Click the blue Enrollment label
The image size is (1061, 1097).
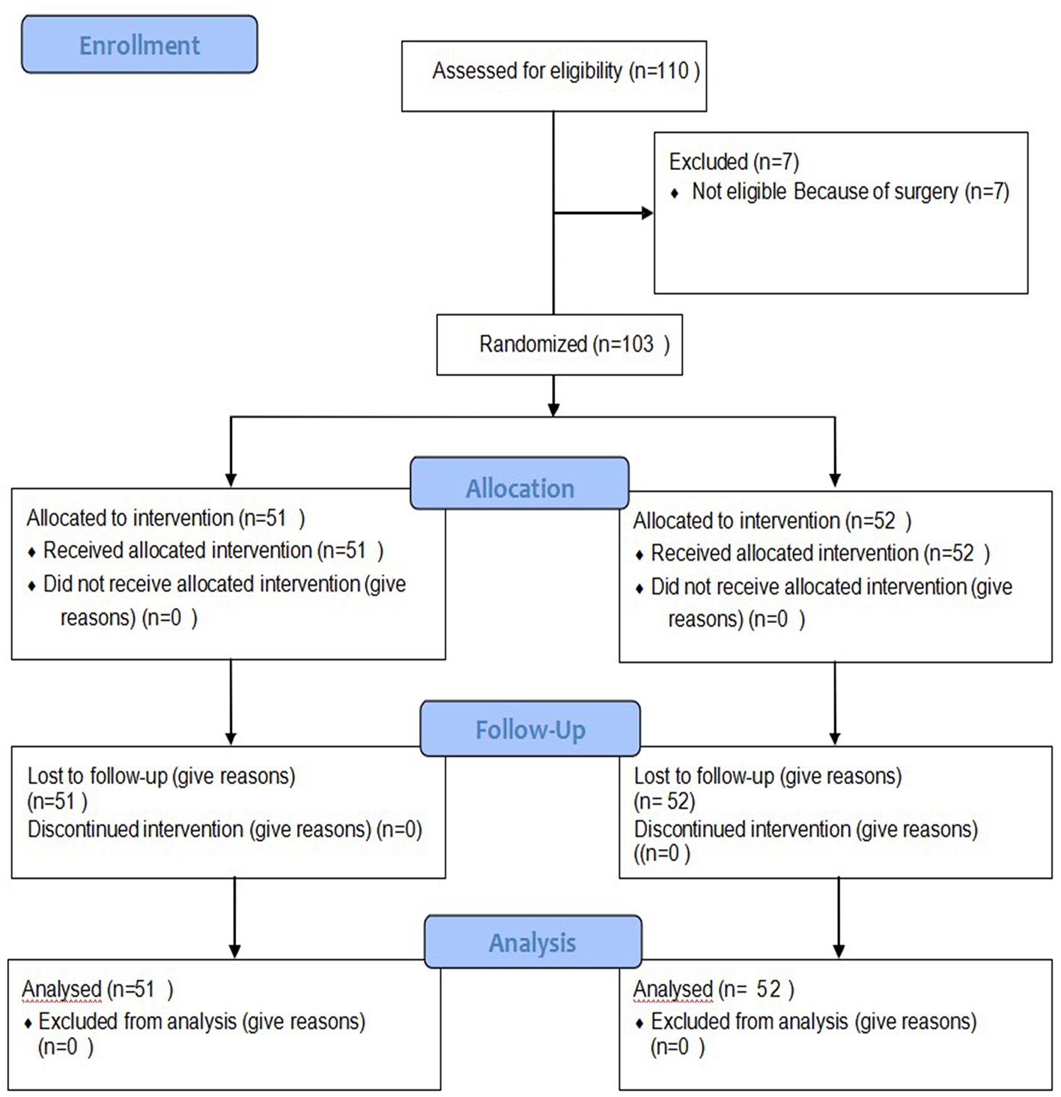pos(139,45)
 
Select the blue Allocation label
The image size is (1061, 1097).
pos(520,488)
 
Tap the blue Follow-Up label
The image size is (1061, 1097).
pos(530,729)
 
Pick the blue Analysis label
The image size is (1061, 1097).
pos(532,943)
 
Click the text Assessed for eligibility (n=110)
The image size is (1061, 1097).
pos(565,71)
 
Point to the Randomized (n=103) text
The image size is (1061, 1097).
pos(574,344)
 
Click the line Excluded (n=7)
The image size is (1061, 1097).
pos(734,162)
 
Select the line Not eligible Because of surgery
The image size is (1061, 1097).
pos(850,192)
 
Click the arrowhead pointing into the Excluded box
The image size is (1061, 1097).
pos(647,213)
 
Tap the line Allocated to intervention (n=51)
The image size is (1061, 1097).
pos(165,518)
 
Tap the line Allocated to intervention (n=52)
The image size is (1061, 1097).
pos(772,521)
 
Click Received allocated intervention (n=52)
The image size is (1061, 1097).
pos(820,554)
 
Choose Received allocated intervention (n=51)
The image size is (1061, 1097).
pos(213,551)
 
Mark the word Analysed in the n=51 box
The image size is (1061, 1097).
pos(61,990)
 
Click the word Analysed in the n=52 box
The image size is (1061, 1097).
pos(672,990)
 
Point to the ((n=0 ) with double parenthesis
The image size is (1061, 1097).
pos(662,854)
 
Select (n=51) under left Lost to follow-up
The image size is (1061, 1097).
pos(57,802)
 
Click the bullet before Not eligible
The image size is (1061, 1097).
pos(675,194)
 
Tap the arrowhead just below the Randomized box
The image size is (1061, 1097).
pos(553,409)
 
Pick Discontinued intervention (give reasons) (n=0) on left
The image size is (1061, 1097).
pos(225,830)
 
